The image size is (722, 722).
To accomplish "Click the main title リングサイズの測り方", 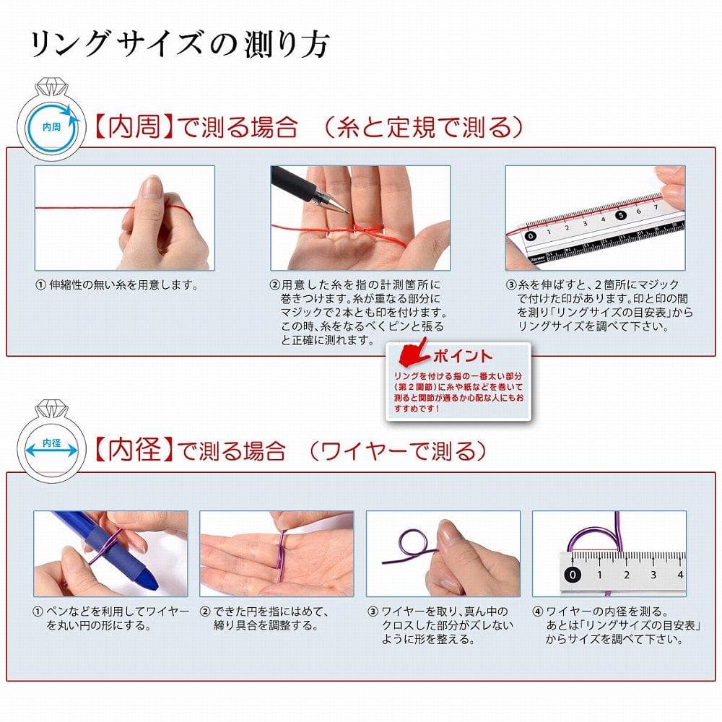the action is pyautogui.click(x=180, y=45).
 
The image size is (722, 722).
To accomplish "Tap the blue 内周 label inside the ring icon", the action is pyautogui.click(x=51, y=127).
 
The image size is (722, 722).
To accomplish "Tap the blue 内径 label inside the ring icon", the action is pyautogui.click(x=51, y=443).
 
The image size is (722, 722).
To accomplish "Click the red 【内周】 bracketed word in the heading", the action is pyautogui.click(x=134, y=126).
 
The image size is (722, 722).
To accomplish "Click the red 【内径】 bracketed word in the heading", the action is pyautogui.click(x=134, y=450).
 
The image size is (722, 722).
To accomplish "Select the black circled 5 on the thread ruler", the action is pyautogui.click(x=621, y=215).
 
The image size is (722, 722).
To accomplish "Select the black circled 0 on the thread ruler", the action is pyautogui.click(x=531, y=236).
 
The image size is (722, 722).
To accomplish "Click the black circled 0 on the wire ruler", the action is pyautogui.click(x=573, y=574).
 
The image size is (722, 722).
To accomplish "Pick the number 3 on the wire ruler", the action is pyautogui.click(x=653, y=575).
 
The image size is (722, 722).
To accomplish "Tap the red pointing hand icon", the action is pyautogui.click(x=413, y=352).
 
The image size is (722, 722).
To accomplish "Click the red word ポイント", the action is pyautogui.click(x=462, y=356).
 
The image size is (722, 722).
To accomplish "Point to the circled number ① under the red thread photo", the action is pyautogui.click(x=40, y=285).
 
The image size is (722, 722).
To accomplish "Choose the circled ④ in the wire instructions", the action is pyautogui.click(x=537, y=612).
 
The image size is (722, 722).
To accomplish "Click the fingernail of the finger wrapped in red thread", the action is pyautogui.click(x=152, y=187).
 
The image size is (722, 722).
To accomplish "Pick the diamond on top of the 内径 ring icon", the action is pyautogui.click(x=51, y=408).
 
